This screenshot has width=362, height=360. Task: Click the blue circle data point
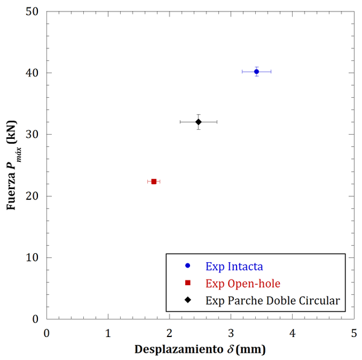coord(256,71)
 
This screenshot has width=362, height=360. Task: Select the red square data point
coord(154,181)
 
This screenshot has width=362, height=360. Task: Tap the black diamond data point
coord(198,122)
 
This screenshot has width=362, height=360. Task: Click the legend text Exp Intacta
coord(234,266)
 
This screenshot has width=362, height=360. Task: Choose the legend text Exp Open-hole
coord(243,283)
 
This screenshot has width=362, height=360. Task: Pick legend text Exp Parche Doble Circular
coord(273,300)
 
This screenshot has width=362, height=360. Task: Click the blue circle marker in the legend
coord(188,266)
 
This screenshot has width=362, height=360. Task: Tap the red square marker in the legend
coord(188,283)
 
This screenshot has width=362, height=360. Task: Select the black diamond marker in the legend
coord(188,300)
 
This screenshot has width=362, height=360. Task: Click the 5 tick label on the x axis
coord(354,332)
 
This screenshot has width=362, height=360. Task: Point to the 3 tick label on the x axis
coord(231,332)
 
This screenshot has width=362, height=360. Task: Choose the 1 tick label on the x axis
coord(108,332)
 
